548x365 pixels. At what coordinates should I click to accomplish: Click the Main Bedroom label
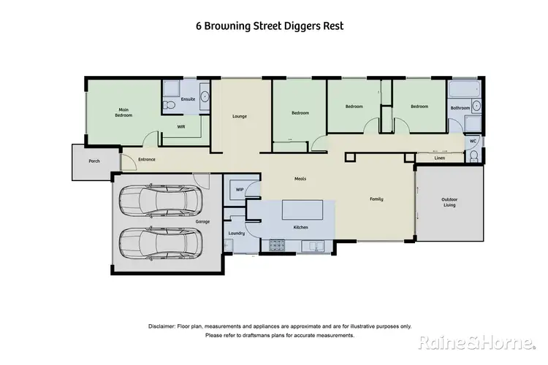(x=124, y=112)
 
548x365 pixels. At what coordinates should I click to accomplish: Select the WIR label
(x=181, y=126)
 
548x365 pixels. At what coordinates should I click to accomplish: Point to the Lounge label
(x=240, y=116)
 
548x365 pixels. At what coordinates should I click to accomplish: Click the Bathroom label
(x=460, y=108)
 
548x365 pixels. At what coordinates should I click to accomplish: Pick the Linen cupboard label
(x=439, y=158)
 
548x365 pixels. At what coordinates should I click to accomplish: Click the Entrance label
(x=147, y=159)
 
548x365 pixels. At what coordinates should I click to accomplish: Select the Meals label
(x=300, y=178)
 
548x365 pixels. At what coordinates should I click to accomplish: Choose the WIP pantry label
(x=239, y=190)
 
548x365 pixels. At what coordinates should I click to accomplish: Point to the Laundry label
(x=236, y=234)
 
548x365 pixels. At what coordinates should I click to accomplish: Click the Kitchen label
(x=300, y=228)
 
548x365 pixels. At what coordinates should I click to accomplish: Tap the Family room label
(x=376, y=199)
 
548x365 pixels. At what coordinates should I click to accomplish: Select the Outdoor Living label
(x=449, y=202)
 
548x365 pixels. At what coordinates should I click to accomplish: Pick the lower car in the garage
(x=159, y=242)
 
